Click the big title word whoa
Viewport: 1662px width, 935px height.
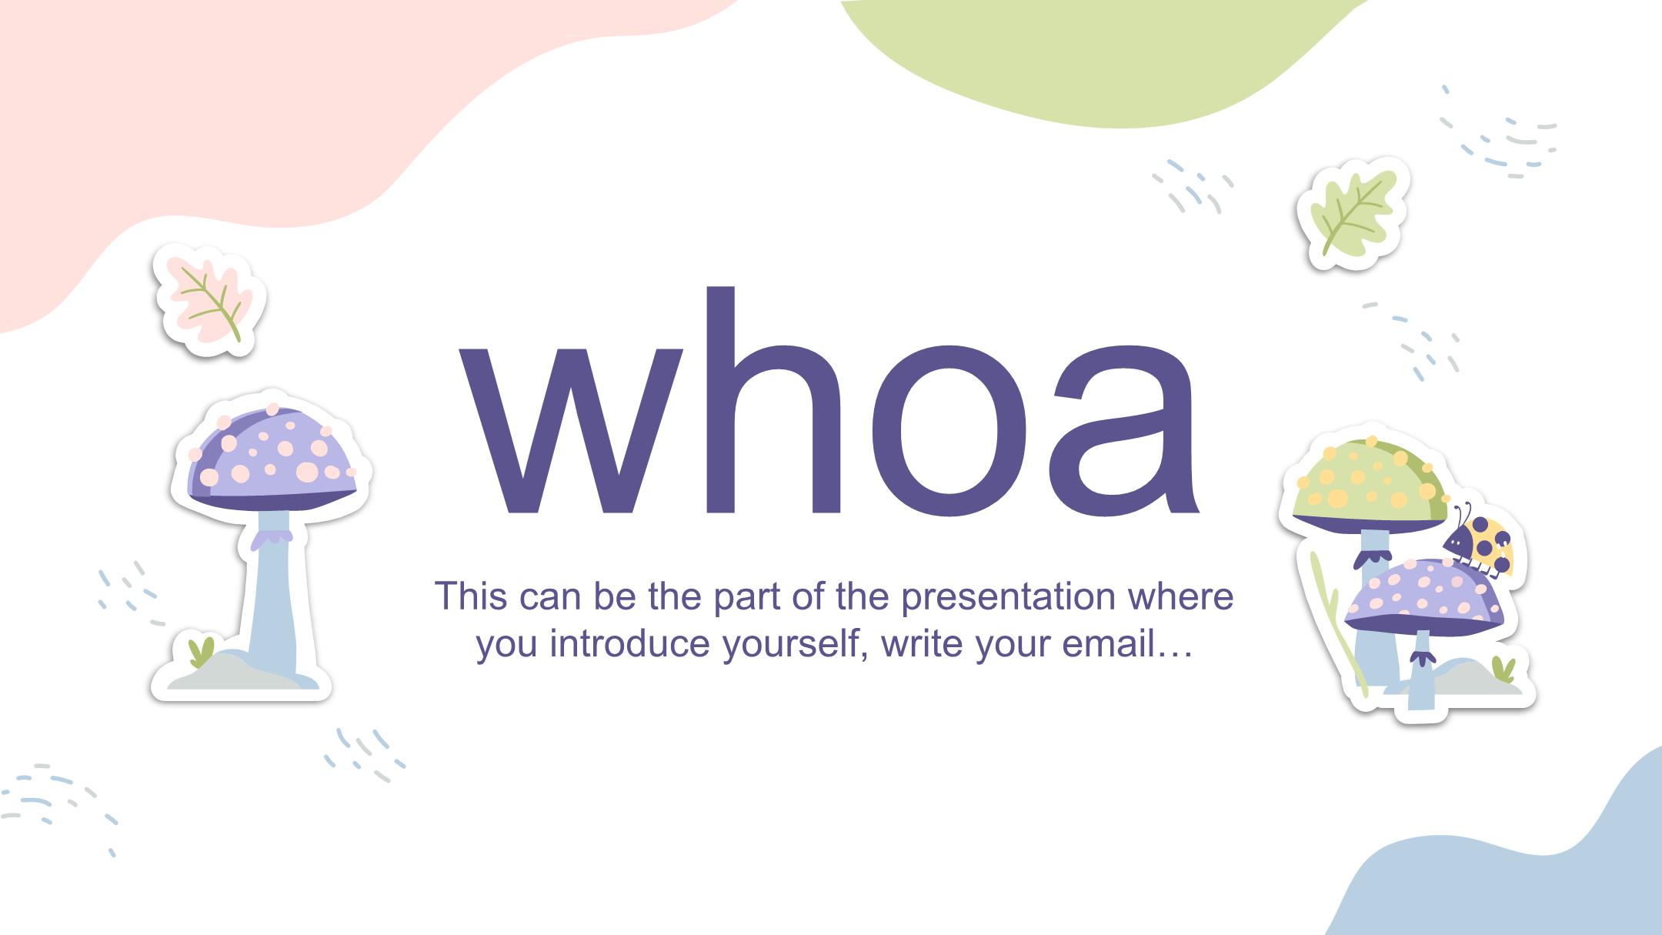[828, 400]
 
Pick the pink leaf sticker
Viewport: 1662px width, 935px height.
[209, 301]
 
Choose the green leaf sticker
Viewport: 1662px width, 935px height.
[1352, 213]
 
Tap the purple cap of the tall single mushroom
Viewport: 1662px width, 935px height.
[272, 459]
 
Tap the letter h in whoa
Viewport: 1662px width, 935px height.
[769, 399]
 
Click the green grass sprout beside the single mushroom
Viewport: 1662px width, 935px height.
[201, 652]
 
